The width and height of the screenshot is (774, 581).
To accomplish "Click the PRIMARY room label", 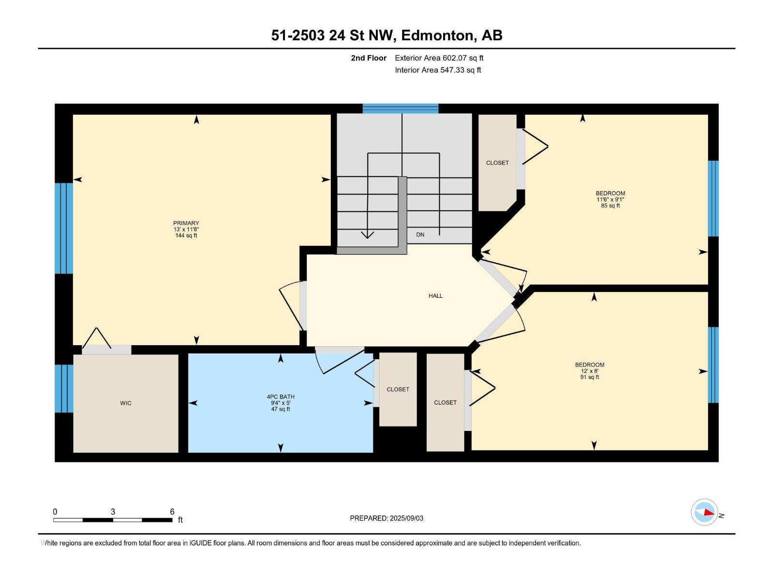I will (186, 223).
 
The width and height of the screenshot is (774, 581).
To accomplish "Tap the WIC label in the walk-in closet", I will (126, 403).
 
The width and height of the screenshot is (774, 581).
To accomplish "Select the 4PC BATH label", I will (281, 397).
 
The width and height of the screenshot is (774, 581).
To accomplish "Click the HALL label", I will (435, 296).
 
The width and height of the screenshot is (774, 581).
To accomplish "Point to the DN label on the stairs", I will (420, 234).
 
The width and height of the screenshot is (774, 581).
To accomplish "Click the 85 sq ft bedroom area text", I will (610, 206).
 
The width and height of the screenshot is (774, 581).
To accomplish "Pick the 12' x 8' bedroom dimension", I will (590, 371).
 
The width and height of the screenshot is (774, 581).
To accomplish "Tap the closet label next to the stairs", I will (497, 163).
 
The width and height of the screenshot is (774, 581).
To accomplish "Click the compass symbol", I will (704, 512).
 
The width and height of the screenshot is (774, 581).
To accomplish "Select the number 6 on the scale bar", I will (172, 512).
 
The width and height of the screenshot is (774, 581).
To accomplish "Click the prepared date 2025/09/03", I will (405, 518).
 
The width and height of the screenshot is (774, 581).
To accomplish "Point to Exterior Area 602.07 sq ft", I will (439, 58).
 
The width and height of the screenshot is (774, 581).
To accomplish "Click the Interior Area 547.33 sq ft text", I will (438, 70).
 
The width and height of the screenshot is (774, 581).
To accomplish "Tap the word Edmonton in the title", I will (437, 35).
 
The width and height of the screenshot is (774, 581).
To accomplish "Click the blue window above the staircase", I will (401, 108).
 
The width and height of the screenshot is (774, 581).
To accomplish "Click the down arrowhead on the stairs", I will (368, 234).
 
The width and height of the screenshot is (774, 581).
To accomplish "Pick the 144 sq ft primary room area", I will (186, 236).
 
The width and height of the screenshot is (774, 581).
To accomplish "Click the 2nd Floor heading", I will (369, 58).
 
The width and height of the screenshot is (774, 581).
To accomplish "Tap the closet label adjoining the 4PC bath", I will (398, 389).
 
